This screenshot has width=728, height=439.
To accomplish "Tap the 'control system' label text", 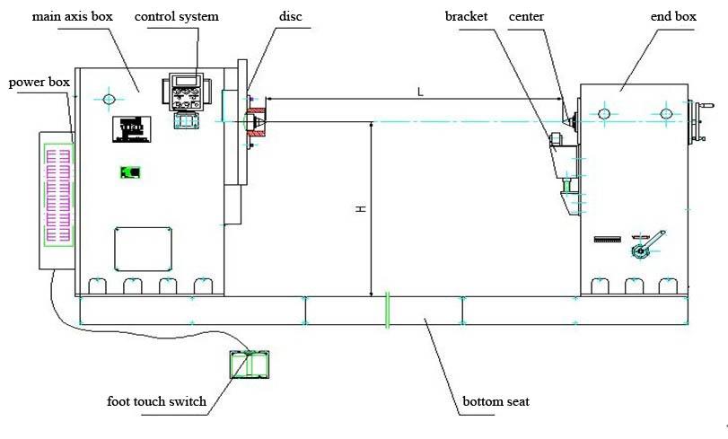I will pyautogui.click(x=176, y=17).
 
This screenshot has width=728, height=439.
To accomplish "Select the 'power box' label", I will pyautogui.click(x=39, y=83).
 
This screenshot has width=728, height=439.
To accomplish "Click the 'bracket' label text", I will pyautogui.click(x=464, y=17).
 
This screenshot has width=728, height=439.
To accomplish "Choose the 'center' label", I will pyautogui.click(x=527, y=17).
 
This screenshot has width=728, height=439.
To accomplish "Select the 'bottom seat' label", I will pyautogui.click(x=495, y=401).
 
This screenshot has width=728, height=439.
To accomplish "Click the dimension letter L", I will pyautogui.click(x=419, y=92).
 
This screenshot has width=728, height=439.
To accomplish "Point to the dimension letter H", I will pyautogui.click(x=361, y=208).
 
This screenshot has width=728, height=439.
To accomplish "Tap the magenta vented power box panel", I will pyautogui.click(x=57, y=191).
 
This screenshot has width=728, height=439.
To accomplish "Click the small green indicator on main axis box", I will pyautogui.click(x=131, y=171).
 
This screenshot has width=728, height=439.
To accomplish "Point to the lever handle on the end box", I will pyautogui.click(x=648, y=244).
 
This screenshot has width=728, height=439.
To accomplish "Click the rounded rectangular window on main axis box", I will pyautogui.click(x=142, y=247).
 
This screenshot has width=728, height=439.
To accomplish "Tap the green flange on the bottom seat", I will pyautogui.click(x=387, y=310).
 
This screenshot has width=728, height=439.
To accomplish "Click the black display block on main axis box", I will pyautogui.click(x=130, y=129).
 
